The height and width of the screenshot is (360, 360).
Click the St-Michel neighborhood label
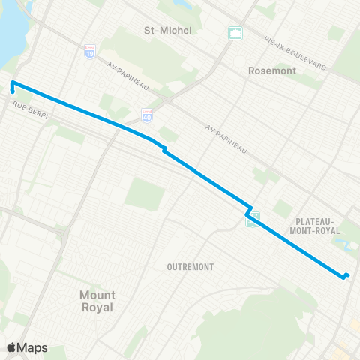pos(168,30)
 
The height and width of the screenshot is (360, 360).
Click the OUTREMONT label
pos(191,266)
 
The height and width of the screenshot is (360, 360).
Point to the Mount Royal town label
pos(97,301)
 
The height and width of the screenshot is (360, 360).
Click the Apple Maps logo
pos(27,347)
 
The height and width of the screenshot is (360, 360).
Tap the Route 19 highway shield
pos(90,51)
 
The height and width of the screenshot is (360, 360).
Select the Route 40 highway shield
pos(147,114)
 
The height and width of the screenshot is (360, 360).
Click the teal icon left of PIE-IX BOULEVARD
pos(235,33)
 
